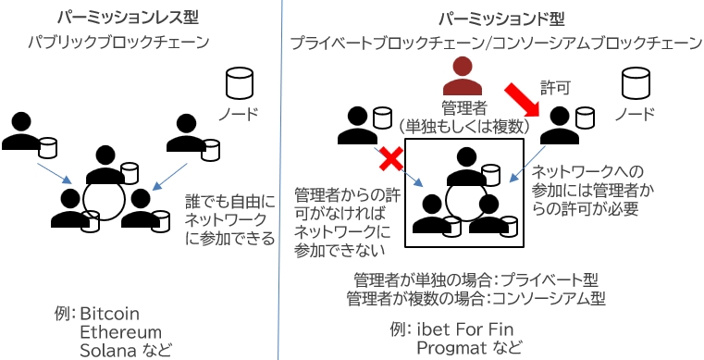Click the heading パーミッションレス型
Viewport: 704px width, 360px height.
(x=128, y=19)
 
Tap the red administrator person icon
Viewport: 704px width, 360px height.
(x=463, y=77)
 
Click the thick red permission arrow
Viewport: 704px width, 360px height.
(x=522, y=100)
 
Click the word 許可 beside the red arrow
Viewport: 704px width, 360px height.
(x=555, y=88)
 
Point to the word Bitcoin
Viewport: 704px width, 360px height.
(x=109, y=314)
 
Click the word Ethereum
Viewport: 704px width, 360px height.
(x=120, y=332)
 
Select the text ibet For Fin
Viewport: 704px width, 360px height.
(x=464, y=330)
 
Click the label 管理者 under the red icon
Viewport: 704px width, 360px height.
(x=463, y=108)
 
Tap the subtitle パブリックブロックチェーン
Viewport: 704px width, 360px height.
(x=118, y=43)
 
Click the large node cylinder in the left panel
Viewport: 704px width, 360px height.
(x=240, y=83)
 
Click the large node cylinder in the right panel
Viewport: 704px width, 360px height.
(x=636, y=83)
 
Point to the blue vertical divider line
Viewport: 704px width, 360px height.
(x=280, y=180)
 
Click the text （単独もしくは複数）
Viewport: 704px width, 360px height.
(x=463, y=127)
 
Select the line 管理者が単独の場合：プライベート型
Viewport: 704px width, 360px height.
(x=476, y=281)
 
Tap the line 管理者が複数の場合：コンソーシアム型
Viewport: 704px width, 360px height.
(x=476, y=299)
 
